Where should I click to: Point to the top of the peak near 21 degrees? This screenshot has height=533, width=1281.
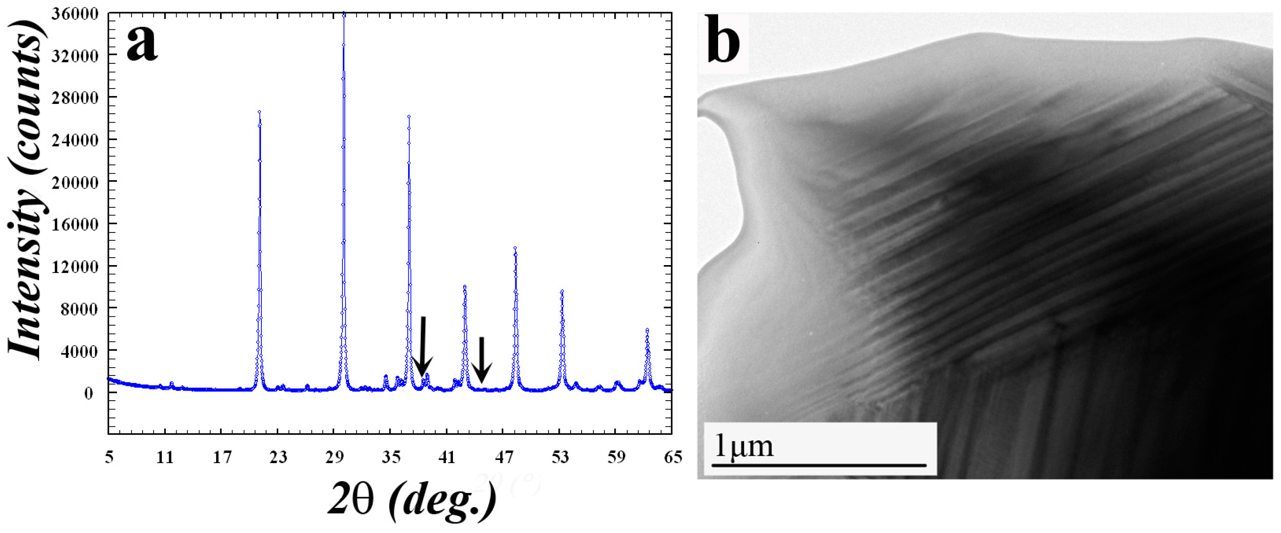point(259,112)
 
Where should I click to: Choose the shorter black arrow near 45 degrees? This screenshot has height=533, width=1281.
point(481,360)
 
